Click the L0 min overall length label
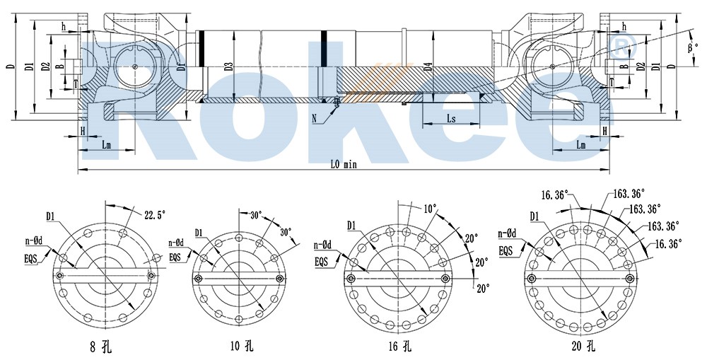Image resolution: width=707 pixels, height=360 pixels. tap(346, 164)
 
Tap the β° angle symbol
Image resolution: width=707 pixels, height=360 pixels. tap(693, 48)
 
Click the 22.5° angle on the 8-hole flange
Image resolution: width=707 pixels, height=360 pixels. tap(154, 214)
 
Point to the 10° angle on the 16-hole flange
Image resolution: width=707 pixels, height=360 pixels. tap(431, 209)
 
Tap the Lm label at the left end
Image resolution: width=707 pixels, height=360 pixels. tap(105, 145)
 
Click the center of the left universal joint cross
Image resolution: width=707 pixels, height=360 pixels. tap(134, 66)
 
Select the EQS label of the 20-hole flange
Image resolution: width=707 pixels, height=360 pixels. tap(506, 250)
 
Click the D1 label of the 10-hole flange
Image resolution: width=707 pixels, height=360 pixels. tap(199, 232)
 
